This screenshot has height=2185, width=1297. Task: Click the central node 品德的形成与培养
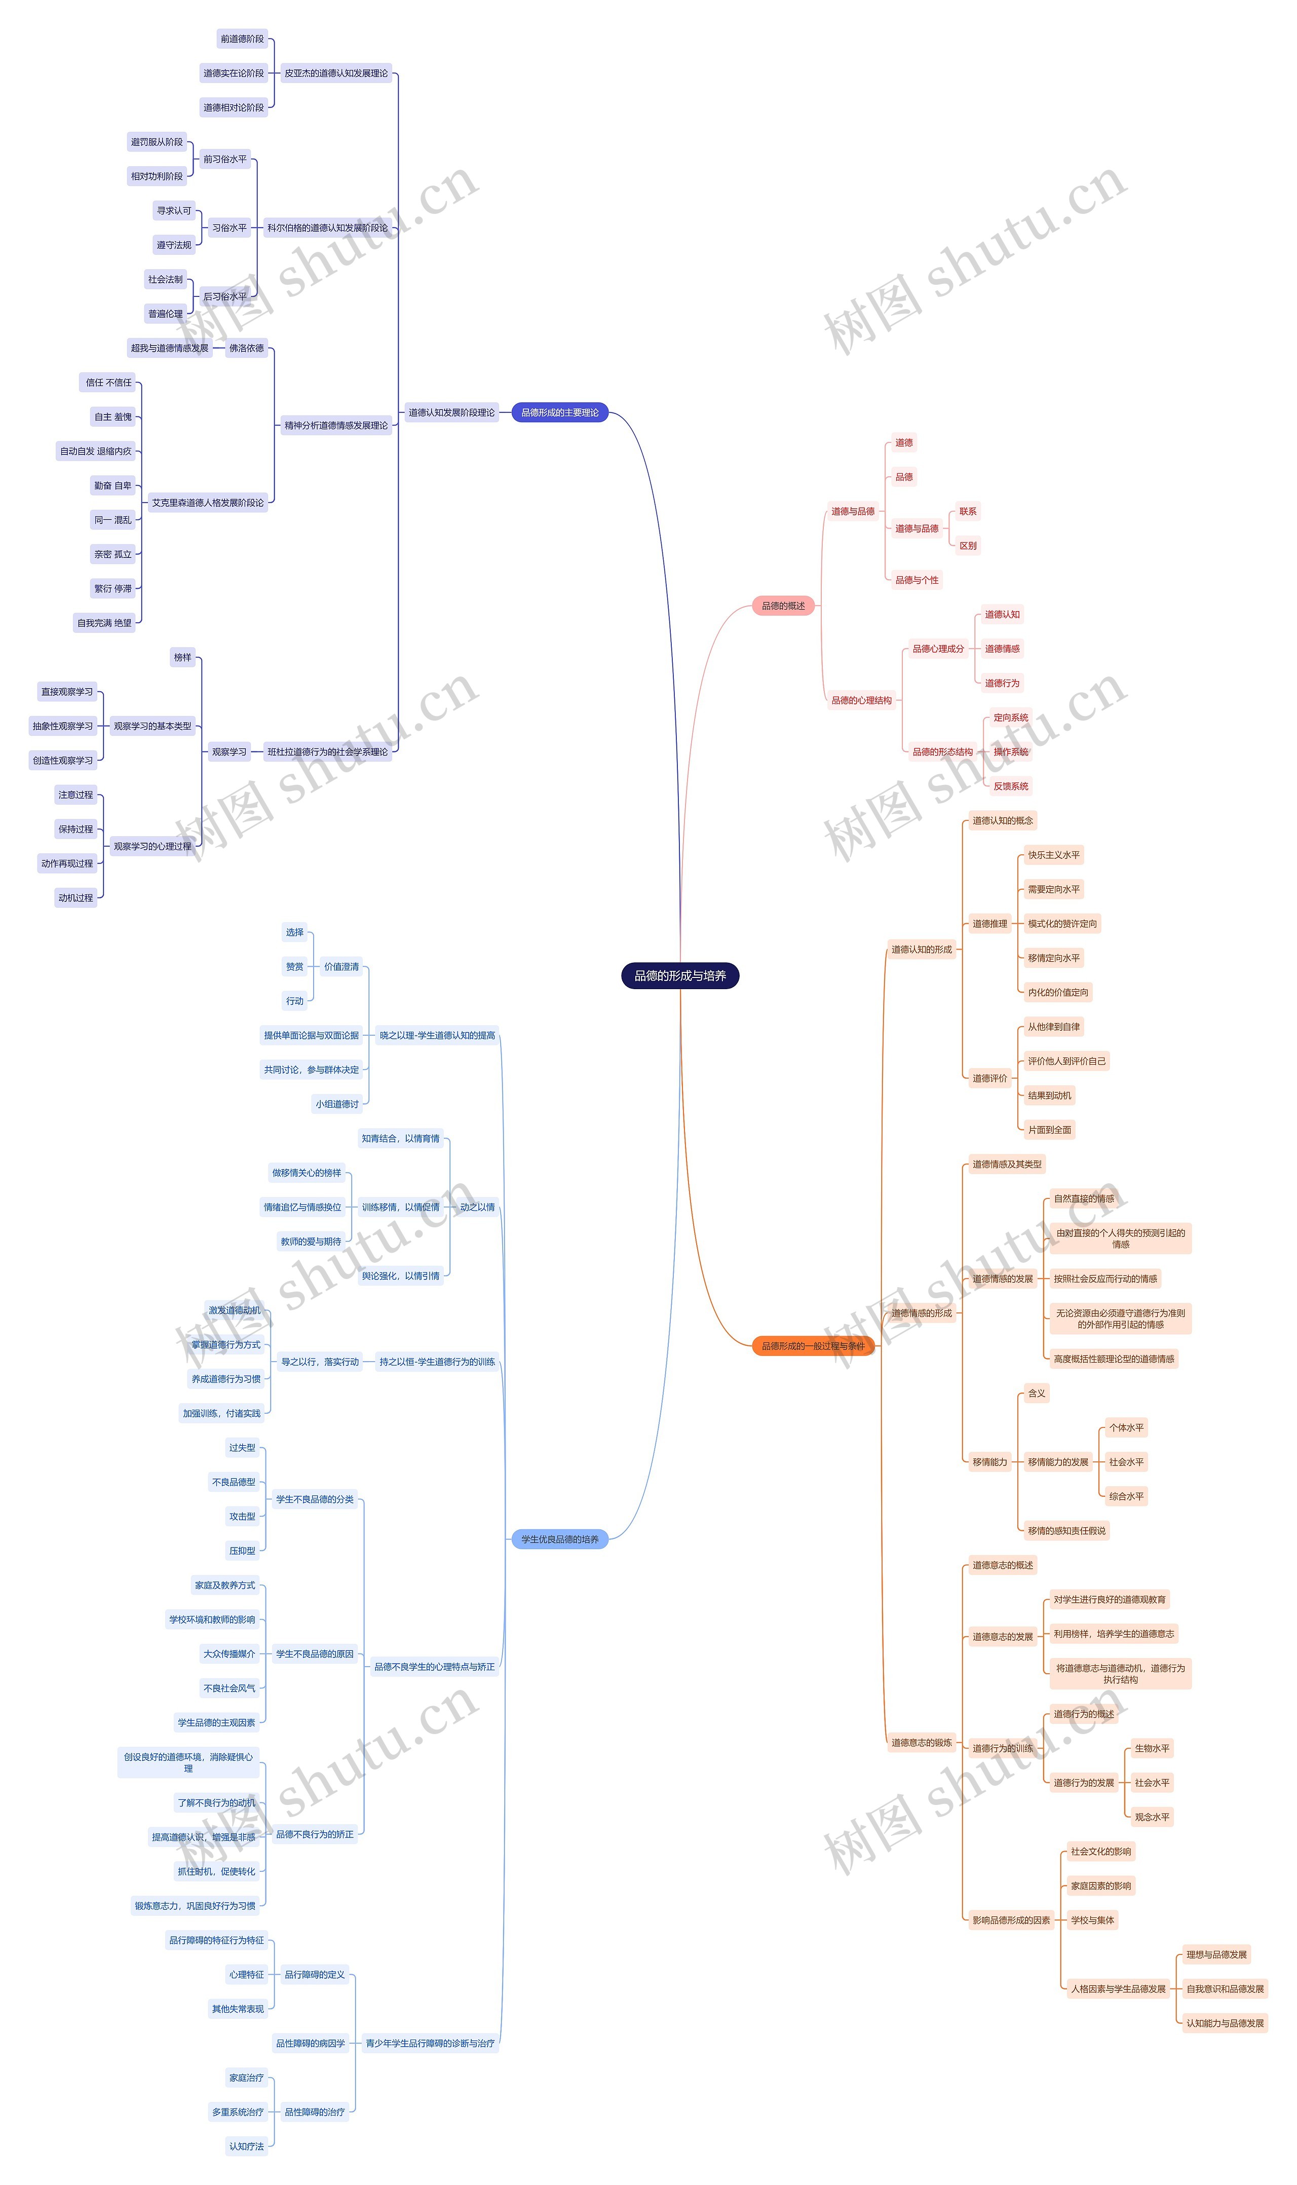click(680, 975)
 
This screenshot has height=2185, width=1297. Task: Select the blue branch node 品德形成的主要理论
click(559, 412)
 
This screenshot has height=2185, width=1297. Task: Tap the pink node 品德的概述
click(783, 606)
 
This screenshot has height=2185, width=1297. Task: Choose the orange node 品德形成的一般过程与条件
click(813, 1346)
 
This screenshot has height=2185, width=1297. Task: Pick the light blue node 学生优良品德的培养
click(559, 1539)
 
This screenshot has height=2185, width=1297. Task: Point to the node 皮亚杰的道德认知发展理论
click(335, 73)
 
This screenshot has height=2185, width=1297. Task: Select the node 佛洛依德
click(246, 348)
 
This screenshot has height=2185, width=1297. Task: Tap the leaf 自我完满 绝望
click(104, 623)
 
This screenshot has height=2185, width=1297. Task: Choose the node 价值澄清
click(341, 967)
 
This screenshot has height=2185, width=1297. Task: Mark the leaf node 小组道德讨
click(337, 1104)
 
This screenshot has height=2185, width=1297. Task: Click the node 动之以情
click(477, 1207)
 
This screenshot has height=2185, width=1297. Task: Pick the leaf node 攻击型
click(242, 1517)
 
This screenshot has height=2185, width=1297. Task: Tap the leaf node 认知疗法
click(246, 2145)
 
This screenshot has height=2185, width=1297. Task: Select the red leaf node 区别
click(968, 545)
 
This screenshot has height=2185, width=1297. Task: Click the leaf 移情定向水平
click(1053, 958)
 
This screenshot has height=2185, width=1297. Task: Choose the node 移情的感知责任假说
click(1066, 1530)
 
